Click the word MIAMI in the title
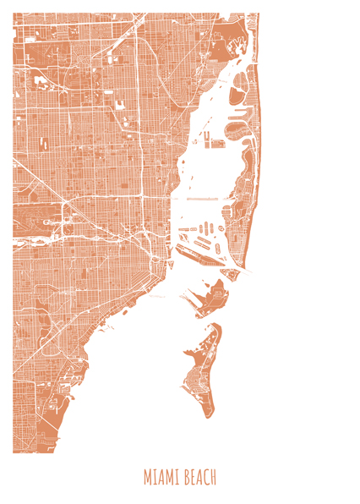(161, 478)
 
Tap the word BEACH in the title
(199, 478)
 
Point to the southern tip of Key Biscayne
(209, 414)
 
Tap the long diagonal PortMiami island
(203, 246)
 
